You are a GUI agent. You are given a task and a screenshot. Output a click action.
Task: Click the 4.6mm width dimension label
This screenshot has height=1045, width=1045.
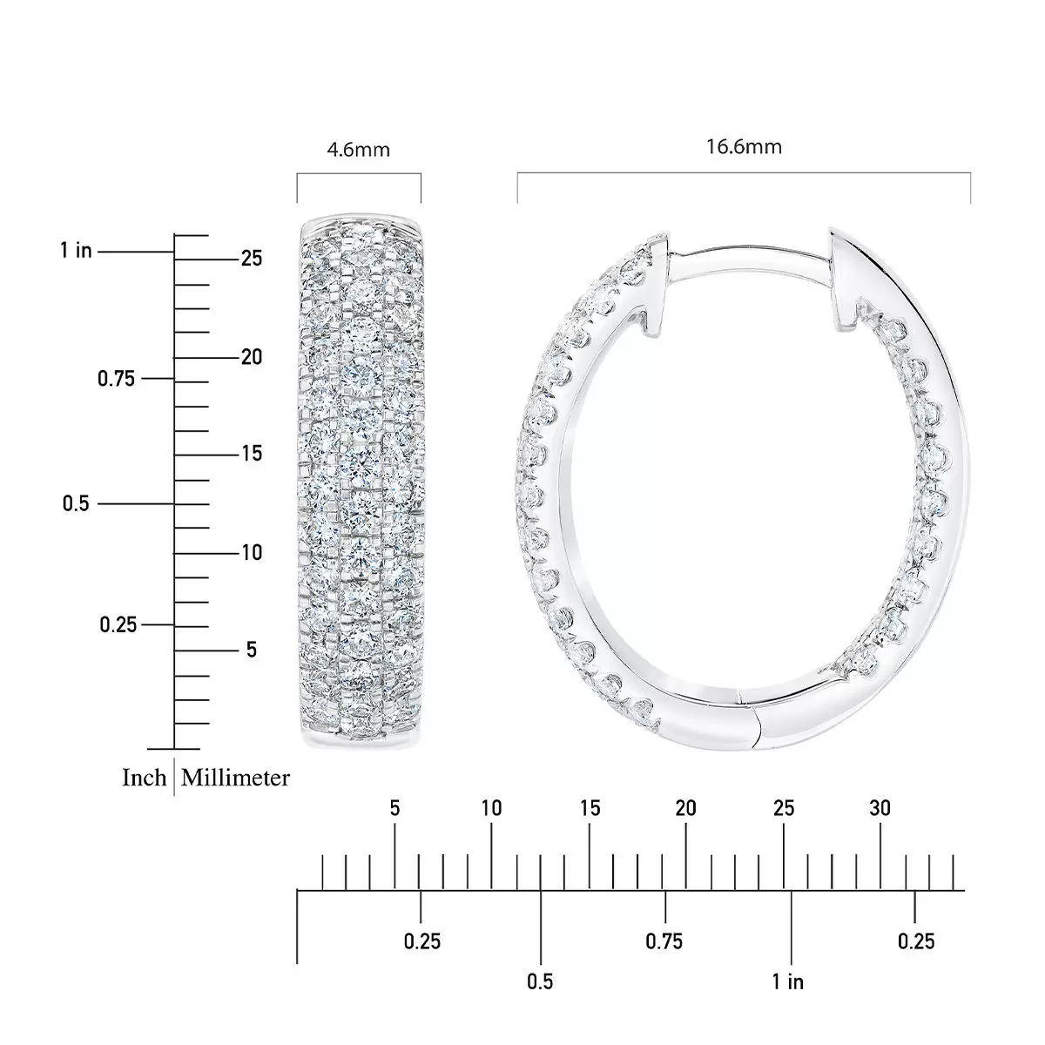(x=358, y=149)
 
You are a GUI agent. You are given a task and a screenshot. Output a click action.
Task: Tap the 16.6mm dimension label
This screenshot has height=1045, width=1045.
(x=744, y=146)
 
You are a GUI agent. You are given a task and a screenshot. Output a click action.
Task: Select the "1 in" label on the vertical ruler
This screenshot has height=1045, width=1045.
(x=76, y=251)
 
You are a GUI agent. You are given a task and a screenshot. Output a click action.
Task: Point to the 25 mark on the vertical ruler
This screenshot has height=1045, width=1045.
(x=252, y=259)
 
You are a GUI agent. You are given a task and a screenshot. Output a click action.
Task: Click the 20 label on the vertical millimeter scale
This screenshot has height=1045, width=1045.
(x=252, y=357)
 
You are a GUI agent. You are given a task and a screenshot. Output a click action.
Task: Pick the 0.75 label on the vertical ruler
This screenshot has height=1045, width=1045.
(x=116, y=379)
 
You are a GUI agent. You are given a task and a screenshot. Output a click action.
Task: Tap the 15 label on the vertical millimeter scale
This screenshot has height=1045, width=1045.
(x=252, y=454)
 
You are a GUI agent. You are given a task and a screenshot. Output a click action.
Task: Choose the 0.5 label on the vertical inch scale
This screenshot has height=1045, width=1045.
(x=76, y=503)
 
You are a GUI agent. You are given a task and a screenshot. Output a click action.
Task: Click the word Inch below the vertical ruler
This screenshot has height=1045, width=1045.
(x=144, y=778)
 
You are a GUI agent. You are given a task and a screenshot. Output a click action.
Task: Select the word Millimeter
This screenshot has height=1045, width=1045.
(x=235, y=778)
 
